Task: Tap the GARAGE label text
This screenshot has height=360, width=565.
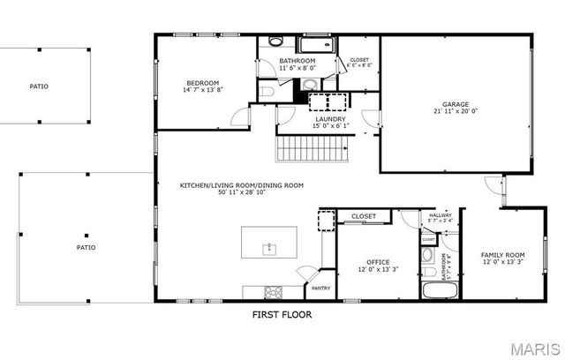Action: pyautogui.click(x=456, y=103)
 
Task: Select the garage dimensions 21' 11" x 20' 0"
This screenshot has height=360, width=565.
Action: pyautogui.click(x=456, y=111)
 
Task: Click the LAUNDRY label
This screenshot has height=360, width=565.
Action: pyautogui.click(x=330, y=118)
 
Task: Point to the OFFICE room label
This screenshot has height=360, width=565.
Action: pyautogui.click(x=379, y=261)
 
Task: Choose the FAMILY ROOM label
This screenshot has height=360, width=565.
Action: pyautogui.click(x=502, y=254)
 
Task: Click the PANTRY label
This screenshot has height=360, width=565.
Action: pyautogui.click(x=320, y=288)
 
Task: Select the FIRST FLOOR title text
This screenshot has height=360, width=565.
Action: pyautogui.click(x=282, y=314)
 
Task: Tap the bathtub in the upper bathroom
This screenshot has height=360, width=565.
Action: pyautogui.click(x=314, y=45)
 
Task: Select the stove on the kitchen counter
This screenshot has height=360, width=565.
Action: pyautogui.click(x=273, y=292)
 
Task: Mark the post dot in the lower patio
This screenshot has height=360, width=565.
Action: pyautogui.click(x=86, y=233)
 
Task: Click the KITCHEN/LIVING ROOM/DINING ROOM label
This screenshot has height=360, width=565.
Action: pyautogui.click(x=241, y=185)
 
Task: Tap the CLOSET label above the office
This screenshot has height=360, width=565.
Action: pyautogui.click(x=364, y=216)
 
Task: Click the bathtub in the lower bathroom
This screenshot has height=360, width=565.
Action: pyautogui.click(x=437, y=291)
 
